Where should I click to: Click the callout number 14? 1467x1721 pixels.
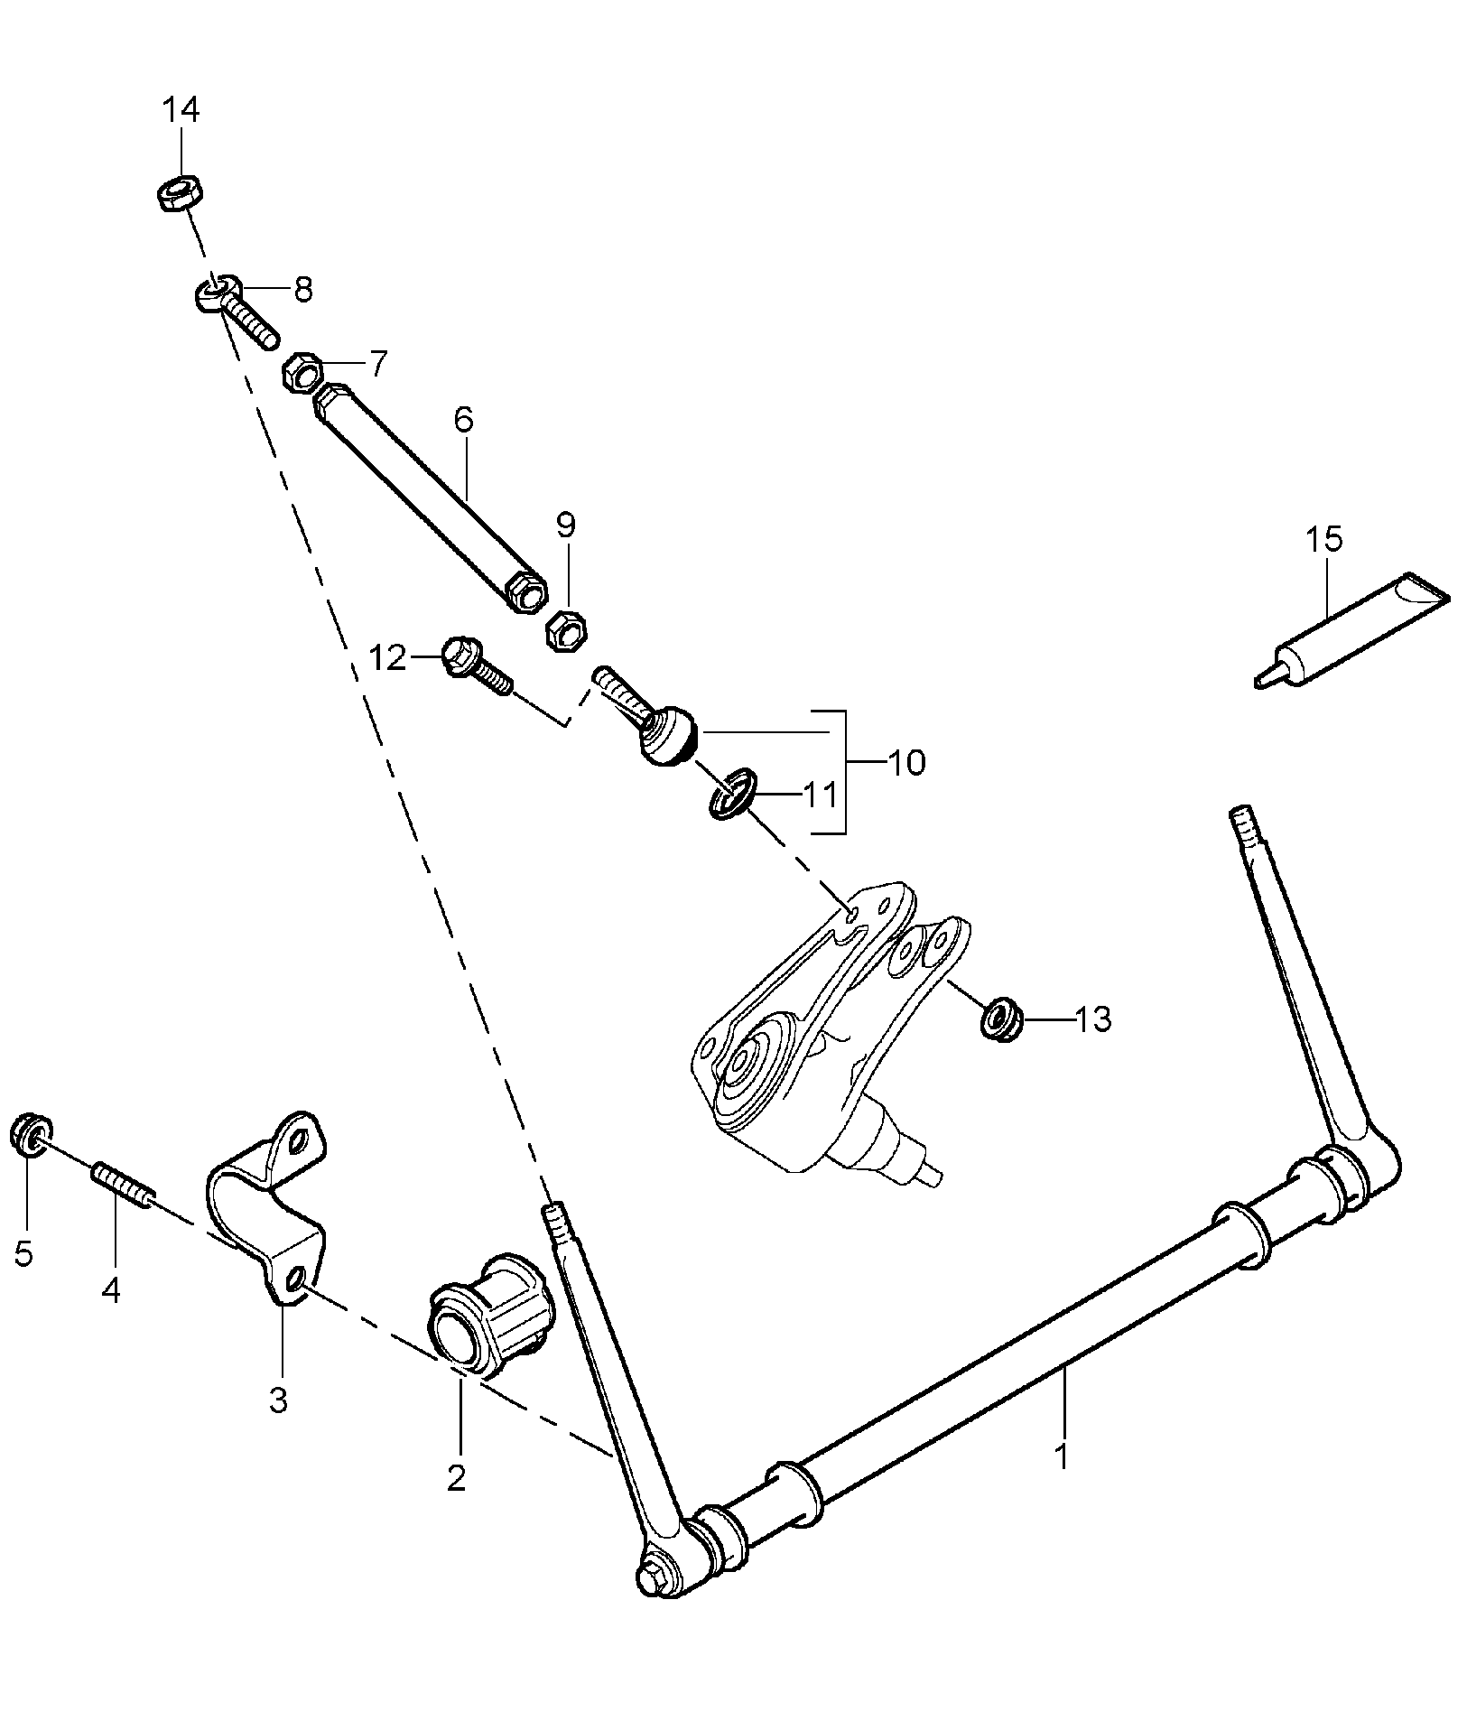pyautogui.click(x=181, y=110)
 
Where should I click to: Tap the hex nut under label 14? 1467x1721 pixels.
pyautogui.click(x=181, y=193)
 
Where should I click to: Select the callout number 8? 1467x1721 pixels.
pyautogui.click(x=302, y=290)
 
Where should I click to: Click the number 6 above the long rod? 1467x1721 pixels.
pyautogui.click(x=463, y=420)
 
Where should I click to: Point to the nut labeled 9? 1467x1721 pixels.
pyautogui.click(x=565, y=629)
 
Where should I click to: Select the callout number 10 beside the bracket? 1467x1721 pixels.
pyautogui.click(x=906, y=763)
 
